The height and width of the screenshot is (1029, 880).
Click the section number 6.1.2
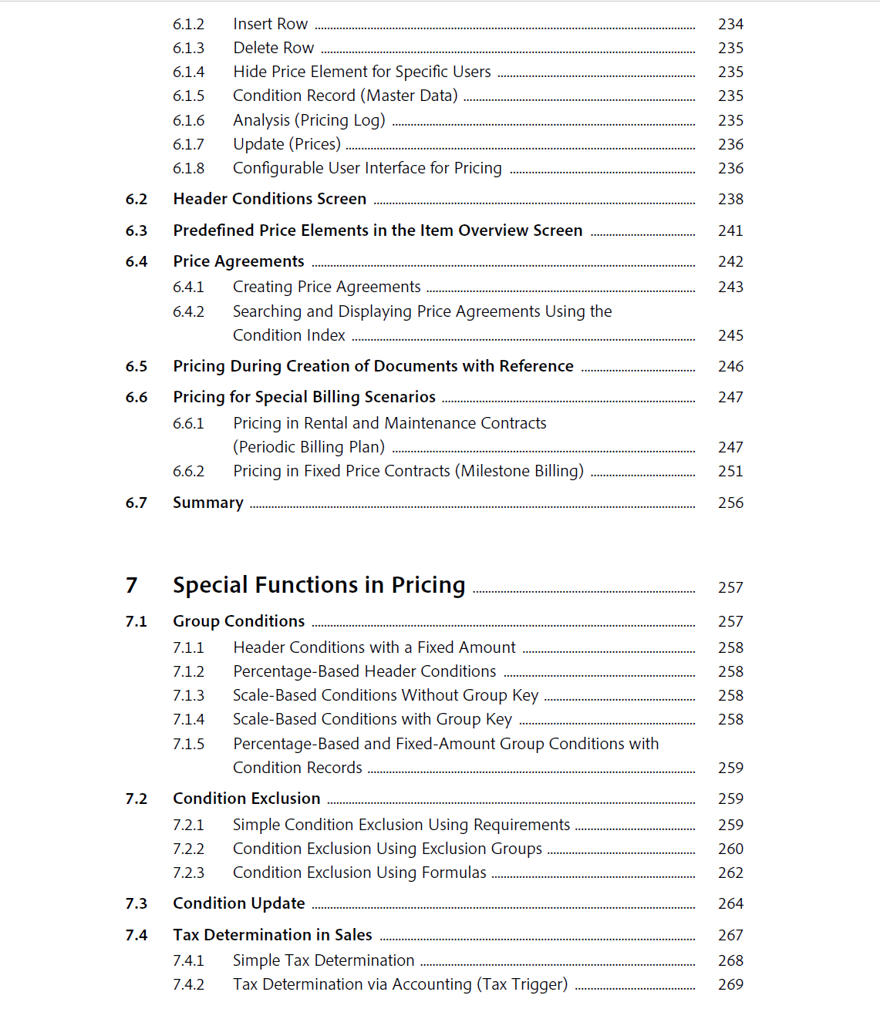coord(188,25)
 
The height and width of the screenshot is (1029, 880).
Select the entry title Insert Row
coord(270,25)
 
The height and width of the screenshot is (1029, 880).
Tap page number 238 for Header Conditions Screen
coord(730,200)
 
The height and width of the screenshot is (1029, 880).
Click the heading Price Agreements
coord(238,262)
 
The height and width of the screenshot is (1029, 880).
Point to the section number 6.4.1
coord(188,288)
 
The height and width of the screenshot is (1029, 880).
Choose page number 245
coord(730,336)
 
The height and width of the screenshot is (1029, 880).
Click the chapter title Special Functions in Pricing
coord(319,586)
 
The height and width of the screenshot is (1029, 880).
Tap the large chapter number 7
coord(132,586)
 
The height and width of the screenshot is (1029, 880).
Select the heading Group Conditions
coord(238,621)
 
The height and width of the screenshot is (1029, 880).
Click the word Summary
coord(207,503)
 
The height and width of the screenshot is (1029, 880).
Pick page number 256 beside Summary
coord(730,503)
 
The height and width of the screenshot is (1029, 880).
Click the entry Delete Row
coord(273,49)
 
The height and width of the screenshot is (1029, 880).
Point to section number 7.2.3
coord(188,873)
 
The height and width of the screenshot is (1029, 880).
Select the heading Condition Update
coord(238,904)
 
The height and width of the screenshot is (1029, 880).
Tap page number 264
coord(730,904)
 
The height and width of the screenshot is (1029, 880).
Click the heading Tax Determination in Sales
coord(272,936)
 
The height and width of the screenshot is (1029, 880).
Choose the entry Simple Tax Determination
coord(323,961)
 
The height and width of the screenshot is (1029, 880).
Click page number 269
coord(730,985)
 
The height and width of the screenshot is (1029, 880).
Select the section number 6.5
coord(137,367)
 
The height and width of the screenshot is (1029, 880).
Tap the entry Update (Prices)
coord(286,145)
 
